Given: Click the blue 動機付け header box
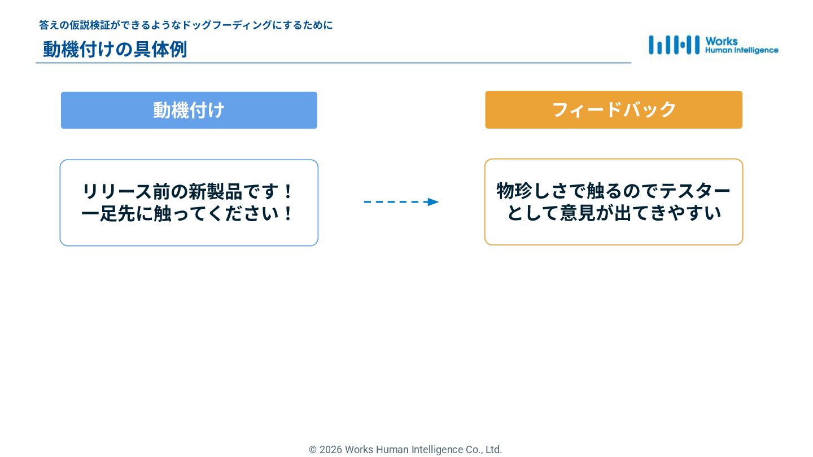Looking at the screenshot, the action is pyautogui.click(x=189, y=110).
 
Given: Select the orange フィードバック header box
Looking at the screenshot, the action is pyautogui.click(x=613, y=109).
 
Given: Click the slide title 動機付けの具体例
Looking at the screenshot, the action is pyautogui.click(x=115, y=49).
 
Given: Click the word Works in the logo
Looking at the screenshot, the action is pyautogui.click(x=721, y=41).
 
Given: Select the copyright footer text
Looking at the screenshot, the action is pyautogui.click(x=405, y=450).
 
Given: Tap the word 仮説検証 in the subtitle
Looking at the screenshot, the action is pyautogui.click(x=92, y=25).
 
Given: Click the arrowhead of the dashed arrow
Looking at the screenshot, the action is pyautogui.click(x=433, y=202).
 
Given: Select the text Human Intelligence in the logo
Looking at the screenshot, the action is pyautogui.click(x=741, y=50).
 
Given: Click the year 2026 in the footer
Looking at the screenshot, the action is pyautogui.click(x=330, y=450).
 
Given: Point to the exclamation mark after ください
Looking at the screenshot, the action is pyautogui.click(x=288, y=214).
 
